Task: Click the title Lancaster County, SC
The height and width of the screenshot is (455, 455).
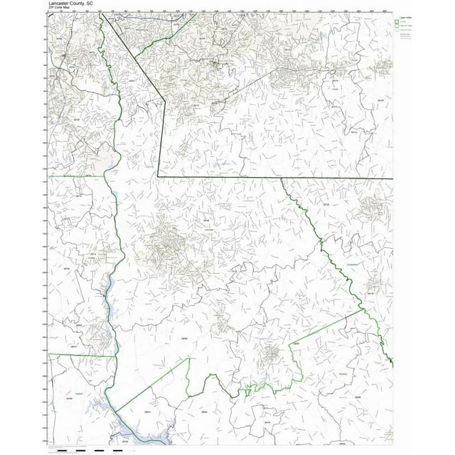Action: (70, 3)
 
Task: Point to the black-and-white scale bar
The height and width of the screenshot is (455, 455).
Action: (85, 450)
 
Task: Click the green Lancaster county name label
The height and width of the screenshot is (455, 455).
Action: (208, 232)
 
